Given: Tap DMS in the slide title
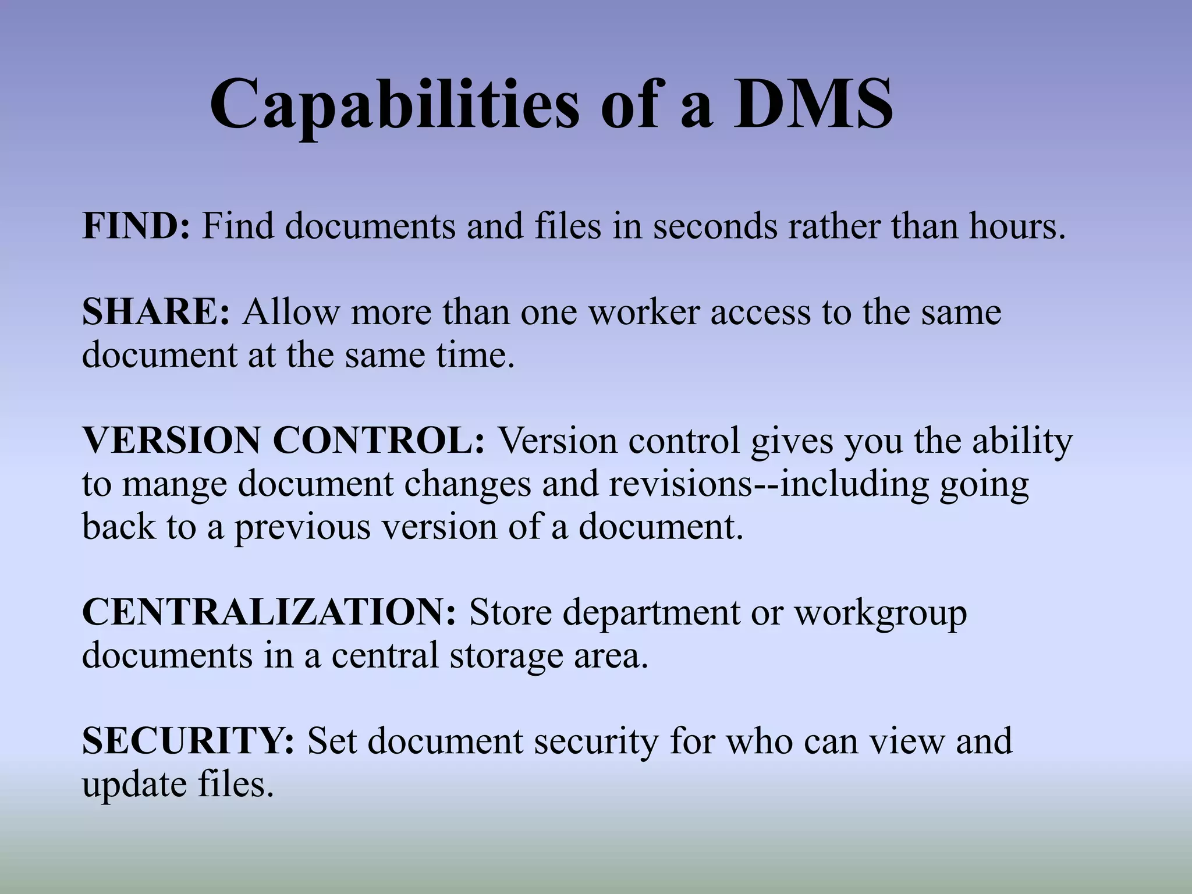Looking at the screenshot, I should [813, 105].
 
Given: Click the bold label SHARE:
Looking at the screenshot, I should [156, 312].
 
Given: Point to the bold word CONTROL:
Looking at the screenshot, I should [378, 441].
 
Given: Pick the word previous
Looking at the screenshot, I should [302, 527].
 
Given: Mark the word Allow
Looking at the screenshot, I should [290, 312].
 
